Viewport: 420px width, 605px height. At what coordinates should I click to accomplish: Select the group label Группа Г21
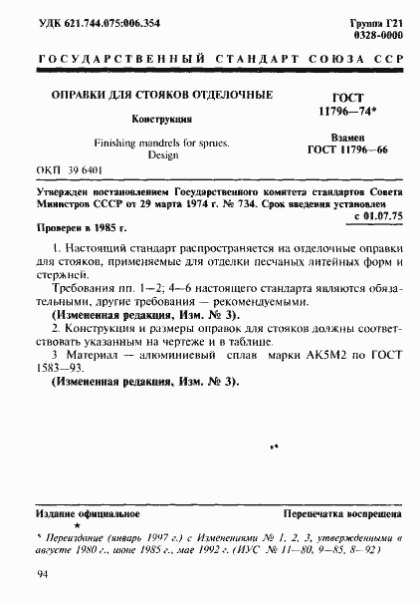pos(379,20)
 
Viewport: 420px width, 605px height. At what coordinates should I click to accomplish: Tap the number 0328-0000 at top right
pos(381,33)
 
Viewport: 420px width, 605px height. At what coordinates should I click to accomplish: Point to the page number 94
pos(43,574)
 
